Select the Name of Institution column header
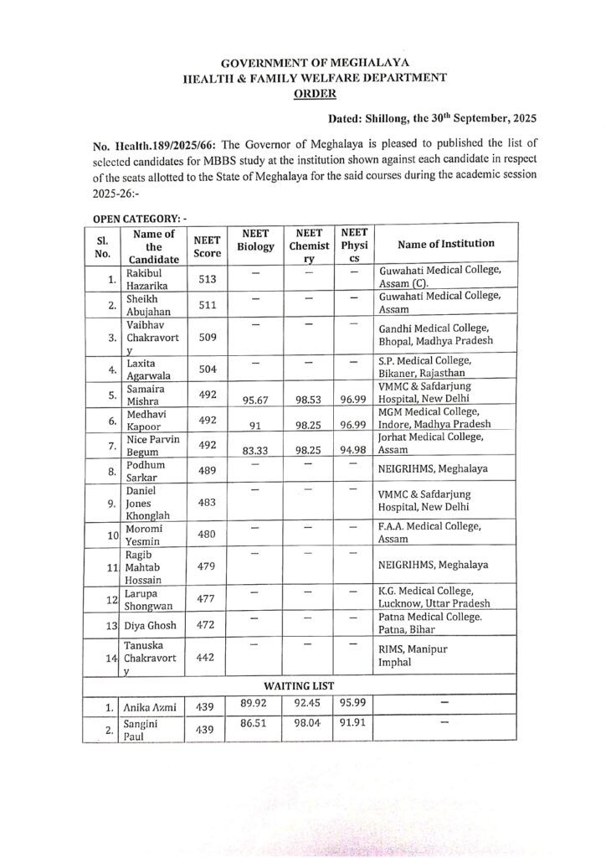click(x=446, y=244)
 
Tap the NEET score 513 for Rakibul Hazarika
click(x=206, y=280)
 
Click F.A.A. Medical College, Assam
click(x=429, y=534)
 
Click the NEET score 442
click(x=206, y=659)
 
